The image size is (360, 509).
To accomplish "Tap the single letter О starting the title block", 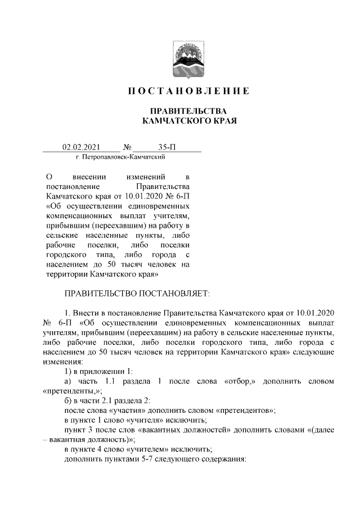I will tap(48, 178).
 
